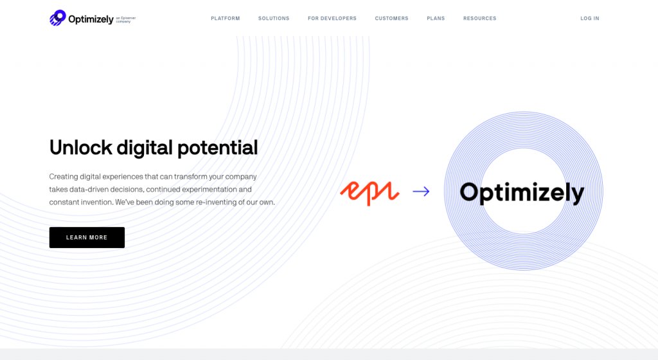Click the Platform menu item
click(225, 19)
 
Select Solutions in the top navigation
click(274, 19)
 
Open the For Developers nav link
click(332, 19)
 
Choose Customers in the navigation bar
click(391, 19)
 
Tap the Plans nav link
click(436, 19)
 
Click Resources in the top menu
click(479, 19)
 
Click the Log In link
click(589, 19)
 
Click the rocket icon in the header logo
click(58, 18)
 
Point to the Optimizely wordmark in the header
click(91, 19)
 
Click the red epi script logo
click(369, 192)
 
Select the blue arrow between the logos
click(421, 191)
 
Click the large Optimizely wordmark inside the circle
click(522, 192)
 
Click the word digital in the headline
click(136, 148)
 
